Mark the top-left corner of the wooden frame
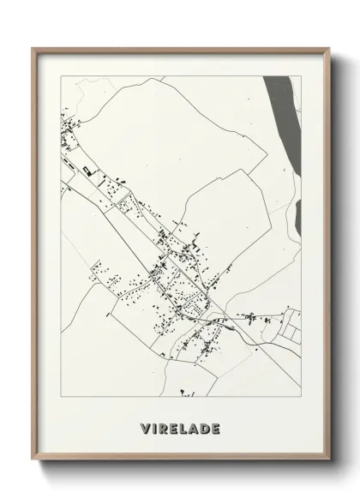33,49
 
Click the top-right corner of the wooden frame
327,49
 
